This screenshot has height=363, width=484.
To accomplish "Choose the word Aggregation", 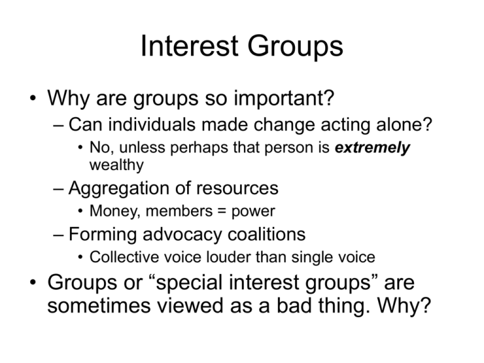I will click(118, 188).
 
